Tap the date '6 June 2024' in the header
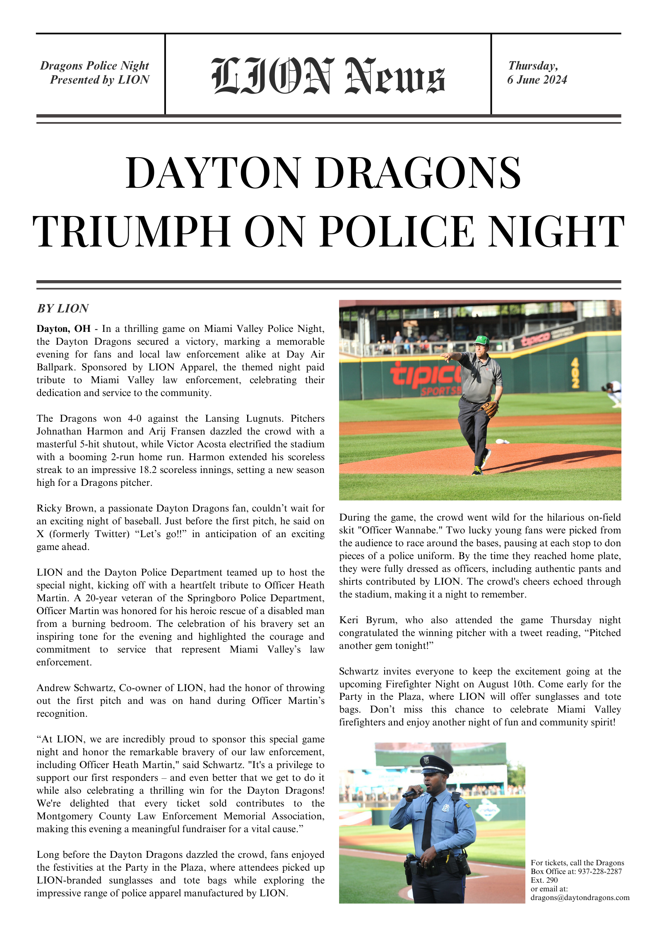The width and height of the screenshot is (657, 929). pyautogui.click(x=537, y=80)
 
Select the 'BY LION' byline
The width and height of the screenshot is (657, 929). pyautogui.click(x=63, y=308)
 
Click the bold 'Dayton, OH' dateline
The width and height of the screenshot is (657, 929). pyautogui.click(x=63, y=329)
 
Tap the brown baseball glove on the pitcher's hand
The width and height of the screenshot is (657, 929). pyautogui.click(x=490, y=408)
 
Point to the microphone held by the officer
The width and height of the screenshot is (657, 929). pyautogui.click(x=412, y=793)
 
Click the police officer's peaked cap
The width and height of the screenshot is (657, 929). pyautogui.click(x=436, y=764)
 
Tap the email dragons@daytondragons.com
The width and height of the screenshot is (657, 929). pyautogui.click(x=580, y=898)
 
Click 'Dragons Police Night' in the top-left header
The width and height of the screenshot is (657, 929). pyautogui.click(x=94, y=66)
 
